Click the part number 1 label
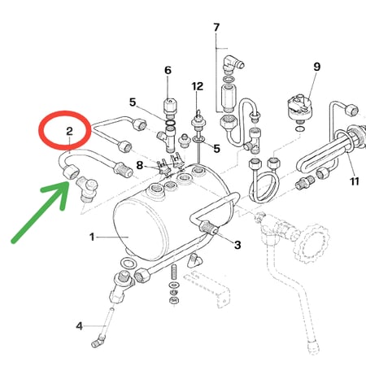coord(92,237)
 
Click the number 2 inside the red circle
coord(69,131)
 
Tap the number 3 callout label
coord(237,245)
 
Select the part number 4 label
coord(79,326)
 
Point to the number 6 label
coord(168,70)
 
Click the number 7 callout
coord(216,28)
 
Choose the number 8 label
coord(140,165)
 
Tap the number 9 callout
coord(317,67)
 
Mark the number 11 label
coord(355,181)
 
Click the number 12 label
coord(197,86)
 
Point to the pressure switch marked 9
coord(299,107)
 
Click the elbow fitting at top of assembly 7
coord(232,63)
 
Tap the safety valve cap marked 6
coord(170,107)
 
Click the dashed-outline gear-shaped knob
coord(311,244)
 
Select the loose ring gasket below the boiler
coord(129,264)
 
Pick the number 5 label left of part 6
coord(133,102)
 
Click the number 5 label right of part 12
coord(216,148)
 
